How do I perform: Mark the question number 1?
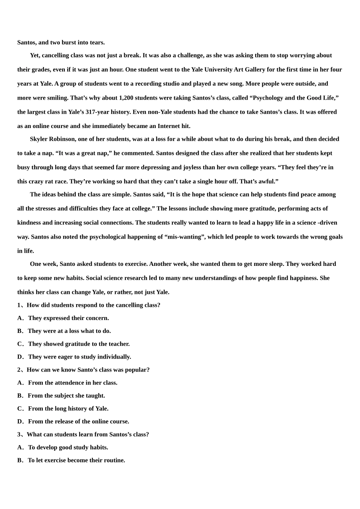pyautogui.click(x=19, y=305)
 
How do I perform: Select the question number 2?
pyautogui.click(x=19, y=369)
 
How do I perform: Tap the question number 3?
pyautogui.click(x=19, y=434)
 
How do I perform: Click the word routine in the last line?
pyautogui.click(x=114, y=460)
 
